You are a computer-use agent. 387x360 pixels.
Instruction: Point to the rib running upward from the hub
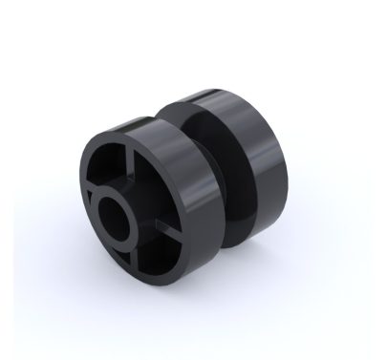pos(122,169)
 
